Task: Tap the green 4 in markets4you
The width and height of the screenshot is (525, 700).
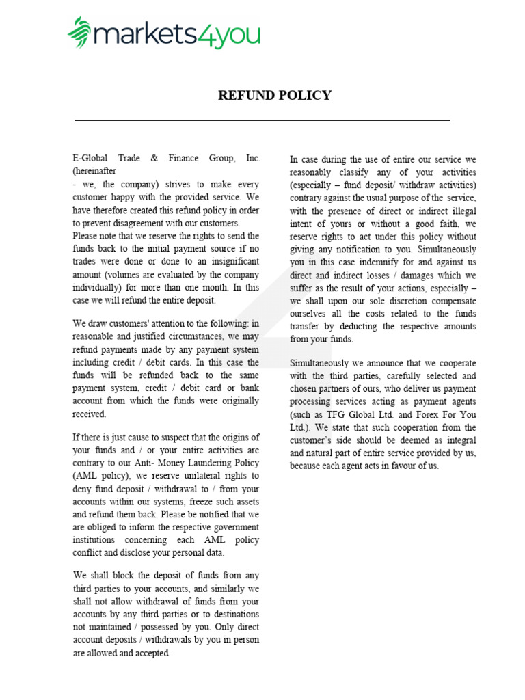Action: (205, 33)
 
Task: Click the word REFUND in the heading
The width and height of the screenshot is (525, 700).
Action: (245, 96)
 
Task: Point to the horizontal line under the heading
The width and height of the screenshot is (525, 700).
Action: (262, 120)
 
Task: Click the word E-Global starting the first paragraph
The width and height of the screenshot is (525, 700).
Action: (92, 158)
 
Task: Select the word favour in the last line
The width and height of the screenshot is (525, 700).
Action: (410, 466)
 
